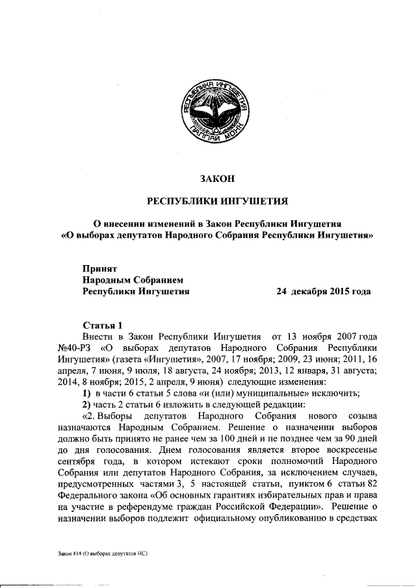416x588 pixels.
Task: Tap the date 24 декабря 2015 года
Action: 324,292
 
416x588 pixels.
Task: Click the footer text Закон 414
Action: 71,553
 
